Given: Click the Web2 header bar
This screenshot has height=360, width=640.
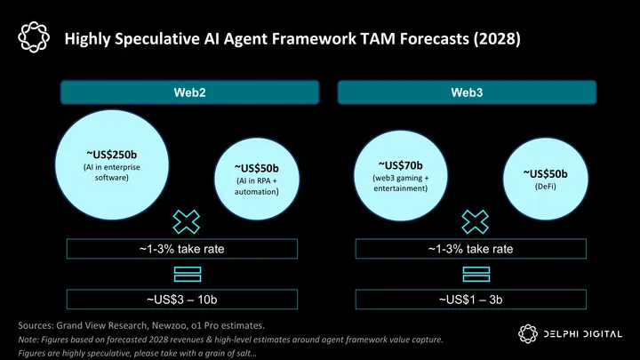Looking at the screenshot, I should coord(188,93).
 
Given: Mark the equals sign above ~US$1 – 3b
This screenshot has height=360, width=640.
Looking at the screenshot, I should coord(476,274).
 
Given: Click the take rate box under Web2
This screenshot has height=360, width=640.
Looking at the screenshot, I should coord(188,250).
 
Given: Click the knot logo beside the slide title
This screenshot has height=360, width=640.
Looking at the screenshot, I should coord(33,37).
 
